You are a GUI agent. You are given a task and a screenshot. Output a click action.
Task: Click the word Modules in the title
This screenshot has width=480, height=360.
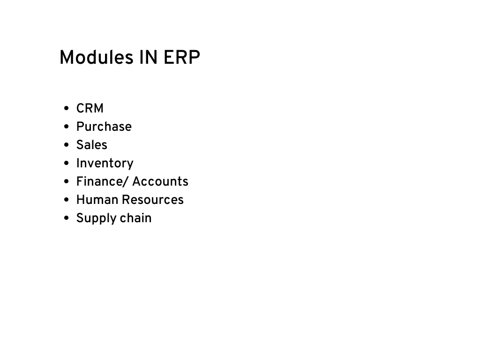pyautogui.click(x=96, y=58)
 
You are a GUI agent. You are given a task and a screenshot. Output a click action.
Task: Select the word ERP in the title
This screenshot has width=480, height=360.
pyautogui.click(x=182, y=58)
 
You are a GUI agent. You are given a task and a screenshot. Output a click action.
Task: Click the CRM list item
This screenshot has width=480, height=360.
pyautogui.click(x=90, y=108)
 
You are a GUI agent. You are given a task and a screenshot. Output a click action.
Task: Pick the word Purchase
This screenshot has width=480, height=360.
pyautogui.click(x=104, y=127)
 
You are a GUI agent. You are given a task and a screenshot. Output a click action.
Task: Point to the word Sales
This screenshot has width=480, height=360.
pyautogui.click(x=92, y=145)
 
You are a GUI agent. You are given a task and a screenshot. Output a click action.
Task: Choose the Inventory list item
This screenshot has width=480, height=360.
pyautogui.click(x=105, y=164)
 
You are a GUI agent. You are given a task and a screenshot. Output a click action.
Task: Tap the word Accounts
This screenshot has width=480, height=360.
pyautogui.click(x=160, y=182)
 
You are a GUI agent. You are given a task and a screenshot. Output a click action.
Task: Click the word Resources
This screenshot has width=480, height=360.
pyautogui.click(x=153, y=200)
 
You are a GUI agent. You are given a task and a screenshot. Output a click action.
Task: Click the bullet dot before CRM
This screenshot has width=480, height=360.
pyautogui.click(x=67, y=109)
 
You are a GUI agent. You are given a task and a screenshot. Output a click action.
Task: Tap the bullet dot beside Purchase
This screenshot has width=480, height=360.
pyautogui.click(x=67, y=127)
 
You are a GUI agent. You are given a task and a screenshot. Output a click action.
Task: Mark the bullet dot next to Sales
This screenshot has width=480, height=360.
pyautogui.click(x=67, y=145)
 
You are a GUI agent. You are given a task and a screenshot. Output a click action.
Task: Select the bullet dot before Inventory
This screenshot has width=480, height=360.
pyautogui.click(x=67, y=164)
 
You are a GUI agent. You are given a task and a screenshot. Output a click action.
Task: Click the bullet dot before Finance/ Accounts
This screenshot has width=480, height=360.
pyautogui.click(x=67, y=182)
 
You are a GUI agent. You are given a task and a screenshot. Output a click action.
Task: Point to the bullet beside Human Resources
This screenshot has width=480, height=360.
pyautogui.click(x=67, y=200)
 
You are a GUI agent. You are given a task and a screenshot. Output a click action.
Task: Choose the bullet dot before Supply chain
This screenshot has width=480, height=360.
pyautogui.click(x=67, y=218)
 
